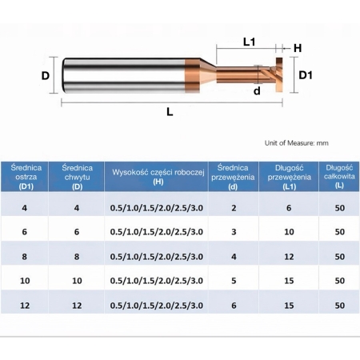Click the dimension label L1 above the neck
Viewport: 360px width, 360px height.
[x=248, y=42]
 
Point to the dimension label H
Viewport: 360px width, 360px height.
[x=298, y=49]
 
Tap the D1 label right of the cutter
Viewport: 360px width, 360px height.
[x=306, y=74]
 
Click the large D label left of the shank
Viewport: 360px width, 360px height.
[x=46, y=76]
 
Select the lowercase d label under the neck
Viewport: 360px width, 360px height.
[x=256, y=91]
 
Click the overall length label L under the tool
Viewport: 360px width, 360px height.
[x=170, y=112]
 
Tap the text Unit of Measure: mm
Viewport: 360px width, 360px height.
[x=296, y=142]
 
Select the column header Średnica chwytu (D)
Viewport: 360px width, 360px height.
[x=77, y=176]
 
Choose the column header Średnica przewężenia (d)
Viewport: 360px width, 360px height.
[x=234, y=176]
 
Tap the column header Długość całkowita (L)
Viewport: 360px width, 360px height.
[x=339, y=176]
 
